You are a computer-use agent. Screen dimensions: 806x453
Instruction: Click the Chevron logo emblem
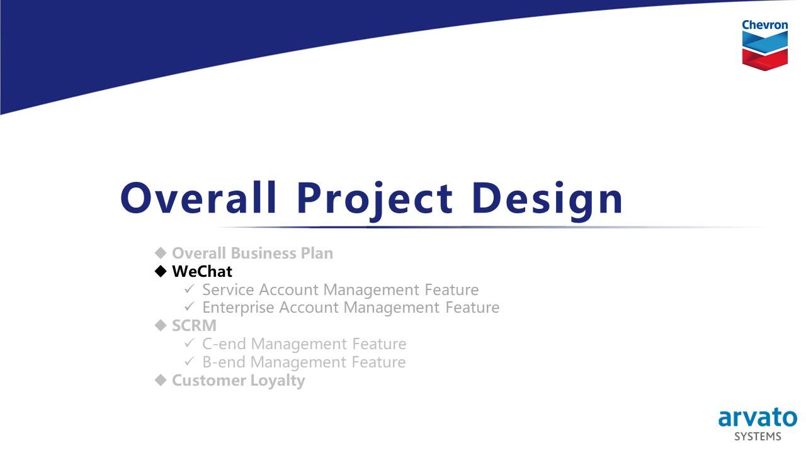pos(764,51)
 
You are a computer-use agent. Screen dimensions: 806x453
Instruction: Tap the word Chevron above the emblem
pos(764,25)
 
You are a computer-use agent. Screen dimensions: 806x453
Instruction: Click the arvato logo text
pos(758,418)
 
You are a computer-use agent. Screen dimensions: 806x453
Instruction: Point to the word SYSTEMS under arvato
pos(758,437)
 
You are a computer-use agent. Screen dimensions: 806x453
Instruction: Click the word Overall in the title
pos(198,198)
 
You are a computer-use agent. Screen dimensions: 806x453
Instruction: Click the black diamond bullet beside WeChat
pos(161,271)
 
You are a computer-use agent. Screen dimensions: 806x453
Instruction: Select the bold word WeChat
pos(202,271)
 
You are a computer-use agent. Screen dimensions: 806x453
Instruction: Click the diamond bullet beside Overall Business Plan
pos(161,253)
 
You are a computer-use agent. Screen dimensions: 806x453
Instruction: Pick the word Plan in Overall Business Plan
pos(317,253)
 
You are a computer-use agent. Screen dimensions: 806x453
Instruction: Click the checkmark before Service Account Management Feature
pos(190,289)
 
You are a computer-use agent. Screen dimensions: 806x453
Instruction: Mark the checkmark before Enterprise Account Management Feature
pos(190,306)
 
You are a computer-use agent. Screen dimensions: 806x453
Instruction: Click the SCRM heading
pos(195,326)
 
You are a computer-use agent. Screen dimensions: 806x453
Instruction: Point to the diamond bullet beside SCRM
pos(161,325)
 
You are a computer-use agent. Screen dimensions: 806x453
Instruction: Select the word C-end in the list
pos(224,344)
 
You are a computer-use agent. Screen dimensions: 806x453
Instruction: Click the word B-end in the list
pos(224,362)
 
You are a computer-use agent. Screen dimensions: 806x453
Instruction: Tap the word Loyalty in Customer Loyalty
pos(278,381)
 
